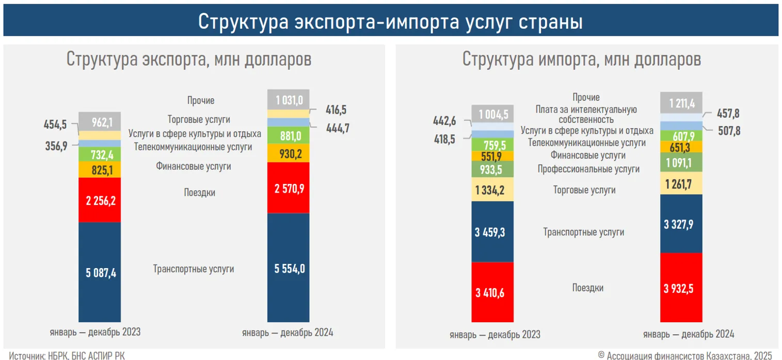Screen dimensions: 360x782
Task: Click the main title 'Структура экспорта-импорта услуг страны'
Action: coord(390,22)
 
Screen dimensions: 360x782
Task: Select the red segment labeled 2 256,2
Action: coord(100,200)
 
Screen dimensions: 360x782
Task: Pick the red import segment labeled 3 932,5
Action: coord(681,288)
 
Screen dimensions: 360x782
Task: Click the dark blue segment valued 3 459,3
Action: coord(492,232)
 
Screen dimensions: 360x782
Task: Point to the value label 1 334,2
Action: coord(492,190)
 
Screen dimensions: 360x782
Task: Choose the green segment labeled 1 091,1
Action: coord(681,162)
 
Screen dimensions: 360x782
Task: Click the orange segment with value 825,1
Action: coord(100,169)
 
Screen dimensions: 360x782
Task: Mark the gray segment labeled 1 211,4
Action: coord(681,102)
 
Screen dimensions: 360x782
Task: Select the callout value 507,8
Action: coord(728,131)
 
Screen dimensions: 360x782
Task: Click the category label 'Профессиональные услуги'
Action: coord(588,169)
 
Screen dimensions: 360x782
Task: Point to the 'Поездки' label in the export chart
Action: coord(199,193)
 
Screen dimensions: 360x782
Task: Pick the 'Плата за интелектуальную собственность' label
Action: coord(586,114)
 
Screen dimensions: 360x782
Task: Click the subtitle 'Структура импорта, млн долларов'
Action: coord(581,59)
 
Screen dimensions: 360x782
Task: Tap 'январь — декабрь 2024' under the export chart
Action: coord(288,333)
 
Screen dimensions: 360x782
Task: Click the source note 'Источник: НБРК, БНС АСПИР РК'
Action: coord(67,355)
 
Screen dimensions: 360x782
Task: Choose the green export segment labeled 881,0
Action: coord(288,135)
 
